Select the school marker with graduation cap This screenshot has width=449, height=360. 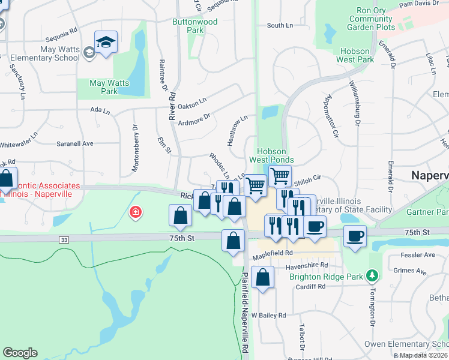[x=106, y=42]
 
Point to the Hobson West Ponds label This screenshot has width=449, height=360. [x=276, y=156]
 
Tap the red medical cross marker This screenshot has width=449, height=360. [x=136, y=212]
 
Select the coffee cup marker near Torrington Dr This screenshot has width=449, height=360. [x=355, y=235]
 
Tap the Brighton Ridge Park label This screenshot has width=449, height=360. [x=326, y=277]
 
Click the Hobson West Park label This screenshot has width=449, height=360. [x=356, y=55]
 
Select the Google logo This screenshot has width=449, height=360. [x=20, y=353]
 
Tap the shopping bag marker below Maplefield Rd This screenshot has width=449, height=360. [x=262, y=277]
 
